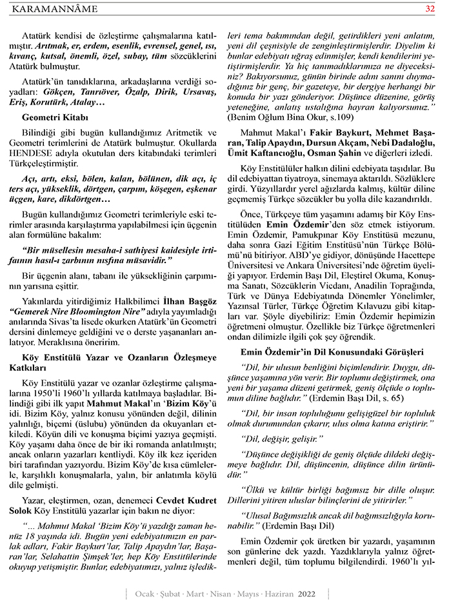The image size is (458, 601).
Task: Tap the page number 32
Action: click(x=430, y=8)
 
